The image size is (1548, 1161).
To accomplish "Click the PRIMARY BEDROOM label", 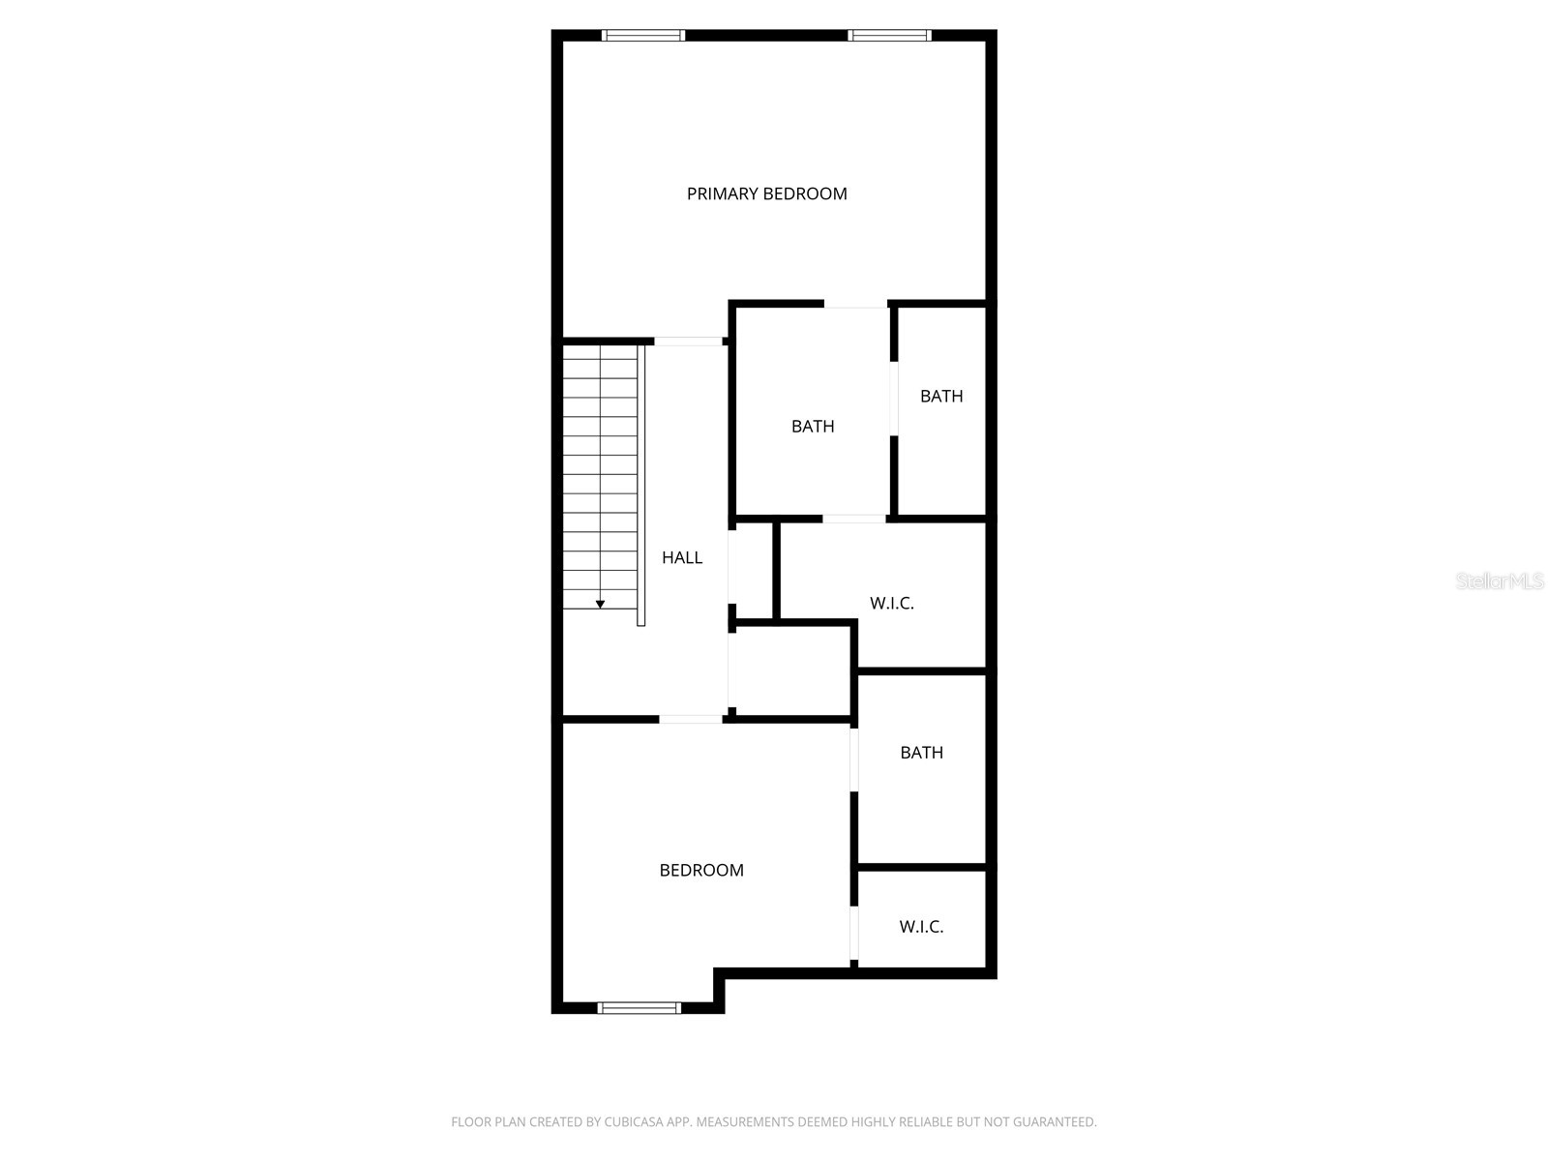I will click(766, 193).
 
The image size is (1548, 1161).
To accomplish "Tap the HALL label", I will click(682, 557).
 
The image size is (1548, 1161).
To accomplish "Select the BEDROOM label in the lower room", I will click(701, 870).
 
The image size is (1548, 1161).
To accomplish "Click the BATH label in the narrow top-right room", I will click(941, 396).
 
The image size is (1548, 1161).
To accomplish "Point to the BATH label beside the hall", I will click(813, 426).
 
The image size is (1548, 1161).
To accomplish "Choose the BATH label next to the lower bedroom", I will click(921, 752).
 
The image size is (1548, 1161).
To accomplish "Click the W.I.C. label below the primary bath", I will click(891, 603).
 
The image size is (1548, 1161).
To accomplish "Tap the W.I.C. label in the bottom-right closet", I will click(921, 926).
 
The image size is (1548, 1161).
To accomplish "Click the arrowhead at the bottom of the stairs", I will click(600, 604).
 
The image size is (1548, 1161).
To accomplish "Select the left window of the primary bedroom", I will click(643, 36).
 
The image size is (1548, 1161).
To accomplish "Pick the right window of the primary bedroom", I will click(890, 36).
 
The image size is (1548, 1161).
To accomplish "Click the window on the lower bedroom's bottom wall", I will click(640, 1007).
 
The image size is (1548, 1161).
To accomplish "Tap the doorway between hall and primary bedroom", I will click(689, 341).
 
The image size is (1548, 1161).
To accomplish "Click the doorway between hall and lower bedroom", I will click(691, 719).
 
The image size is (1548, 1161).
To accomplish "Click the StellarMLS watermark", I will click(1500, 580).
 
